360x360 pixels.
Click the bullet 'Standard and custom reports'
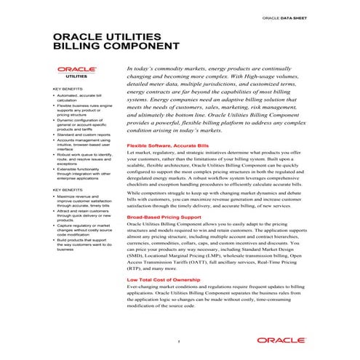(x=84, y=135)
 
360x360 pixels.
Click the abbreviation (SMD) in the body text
(x=135, y=256)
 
